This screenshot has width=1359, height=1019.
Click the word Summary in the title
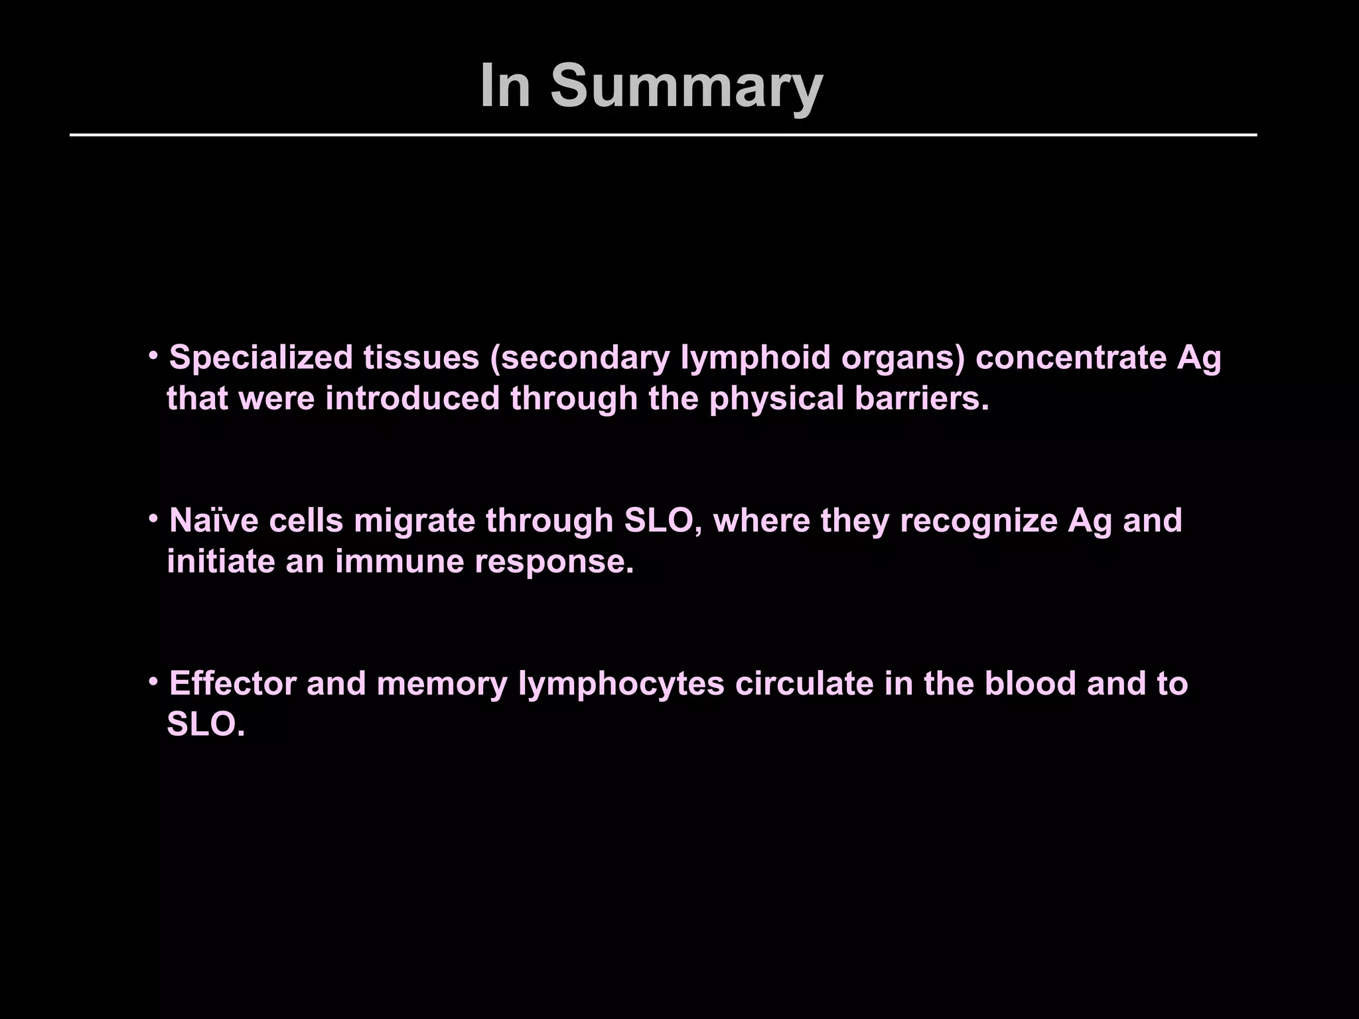coord(686,86)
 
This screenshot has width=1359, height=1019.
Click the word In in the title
coord(505,86)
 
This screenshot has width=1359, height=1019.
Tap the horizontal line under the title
coord(664,135)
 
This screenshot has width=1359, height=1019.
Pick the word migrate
coord(414,520)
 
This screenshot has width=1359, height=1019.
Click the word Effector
coord(232,683)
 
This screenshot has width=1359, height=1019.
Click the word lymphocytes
coord(621,683)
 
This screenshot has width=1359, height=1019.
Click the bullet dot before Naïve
coord(153,518)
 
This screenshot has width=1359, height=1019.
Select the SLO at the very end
coord(205,724)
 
